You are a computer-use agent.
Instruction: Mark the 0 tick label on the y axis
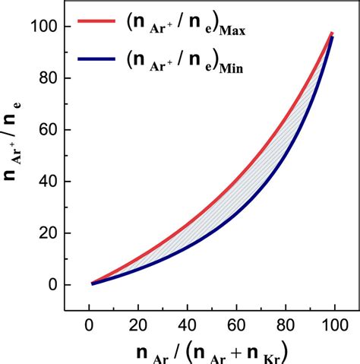53,285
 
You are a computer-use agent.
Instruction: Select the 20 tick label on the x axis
138,325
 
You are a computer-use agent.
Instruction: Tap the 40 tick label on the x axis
189,325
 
